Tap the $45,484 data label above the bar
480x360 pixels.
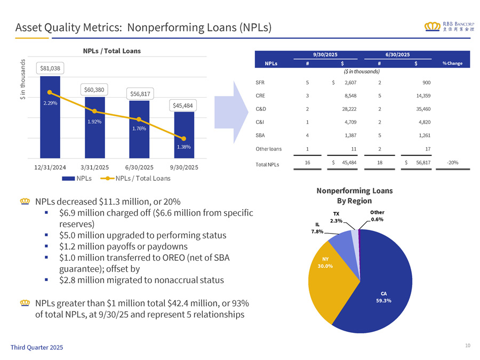[x=183, y=105]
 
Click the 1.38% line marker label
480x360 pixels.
[x=183, y=146]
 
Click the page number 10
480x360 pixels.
[x=467, y=346]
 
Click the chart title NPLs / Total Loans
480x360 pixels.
[x=112, y=51]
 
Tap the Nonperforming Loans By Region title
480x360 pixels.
[x=362, y=195]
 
